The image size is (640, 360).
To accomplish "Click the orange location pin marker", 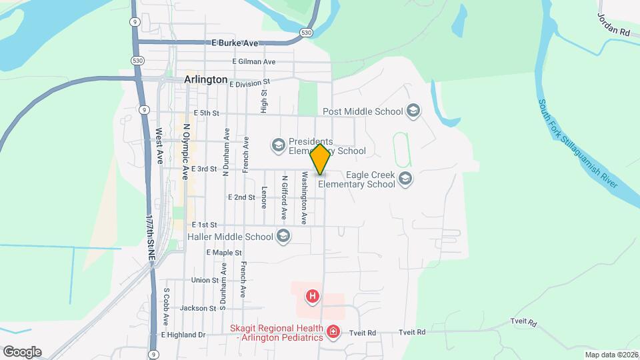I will point(320,159).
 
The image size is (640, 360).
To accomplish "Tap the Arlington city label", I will point(205,79).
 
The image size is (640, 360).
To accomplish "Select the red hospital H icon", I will point(312,295).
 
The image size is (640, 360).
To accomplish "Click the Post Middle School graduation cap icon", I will point(413,111).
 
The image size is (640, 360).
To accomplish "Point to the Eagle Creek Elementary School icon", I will point(405,178).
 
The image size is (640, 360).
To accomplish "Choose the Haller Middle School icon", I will point(283,235).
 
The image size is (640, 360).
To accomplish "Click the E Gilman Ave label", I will point(253,62).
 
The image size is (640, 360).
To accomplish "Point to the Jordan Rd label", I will point(613,24).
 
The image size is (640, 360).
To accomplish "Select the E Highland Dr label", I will point(182,335).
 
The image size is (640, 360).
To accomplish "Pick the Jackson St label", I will point(197,308).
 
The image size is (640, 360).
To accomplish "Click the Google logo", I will point(21,352).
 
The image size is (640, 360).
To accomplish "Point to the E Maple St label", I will point(223,253).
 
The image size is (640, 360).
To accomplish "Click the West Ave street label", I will point(159,146).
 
